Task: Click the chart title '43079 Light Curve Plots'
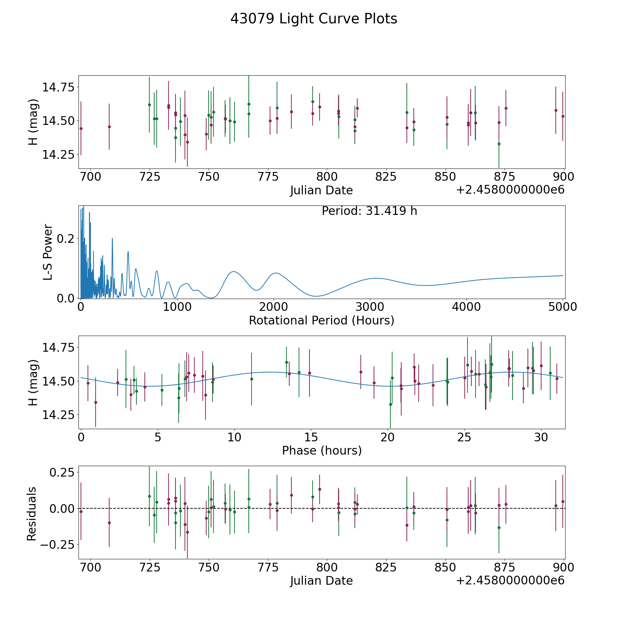(314, 19)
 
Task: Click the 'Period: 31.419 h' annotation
(369, 211)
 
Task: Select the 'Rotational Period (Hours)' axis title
(321, 320)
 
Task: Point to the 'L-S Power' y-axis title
(48, 252)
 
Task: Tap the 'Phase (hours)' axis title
(322, 450)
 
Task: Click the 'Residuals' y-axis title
(32, 514)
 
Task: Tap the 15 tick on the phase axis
(311, 437)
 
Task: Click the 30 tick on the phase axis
(541, 437)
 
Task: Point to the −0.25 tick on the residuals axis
(57, 545)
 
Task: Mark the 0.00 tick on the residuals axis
(62, 508)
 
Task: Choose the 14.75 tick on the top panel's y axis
(58, 87)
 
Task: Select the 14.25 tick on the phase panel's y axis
(58, 415)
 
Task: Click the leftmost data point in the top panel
(81, 128)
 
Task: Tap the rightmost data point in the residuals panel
(563, 501)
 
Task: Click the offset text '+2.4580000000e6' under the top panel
(510, 190)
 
